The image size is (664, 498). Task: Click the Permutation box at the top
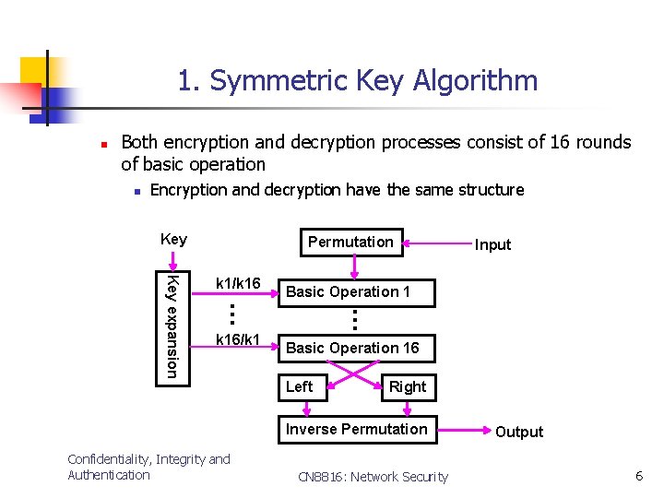[350, 242]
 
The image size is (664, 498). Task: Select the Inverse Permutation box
[357, 429]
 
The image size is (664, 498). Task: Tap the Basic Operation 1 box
[349, 291]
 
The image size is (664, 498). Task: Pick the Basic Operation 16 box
[352, 348]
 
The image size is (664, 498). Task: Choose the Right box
[407, 386]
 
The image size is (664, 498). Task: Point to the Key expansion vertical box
[172, 325]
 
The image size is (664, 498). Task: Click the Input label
[492, 244]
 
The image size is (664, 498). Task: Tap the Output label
[519, 432]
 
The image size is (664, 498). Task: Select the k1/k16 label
[238, 282]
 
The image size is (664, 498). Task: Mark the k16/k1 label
[238, 340]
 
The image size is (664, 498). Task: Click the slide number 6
[638, 475]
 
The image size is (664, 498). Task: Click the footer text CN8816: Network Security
[373, 477]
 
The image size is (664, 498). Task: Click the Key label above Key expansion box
[173, 239]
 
